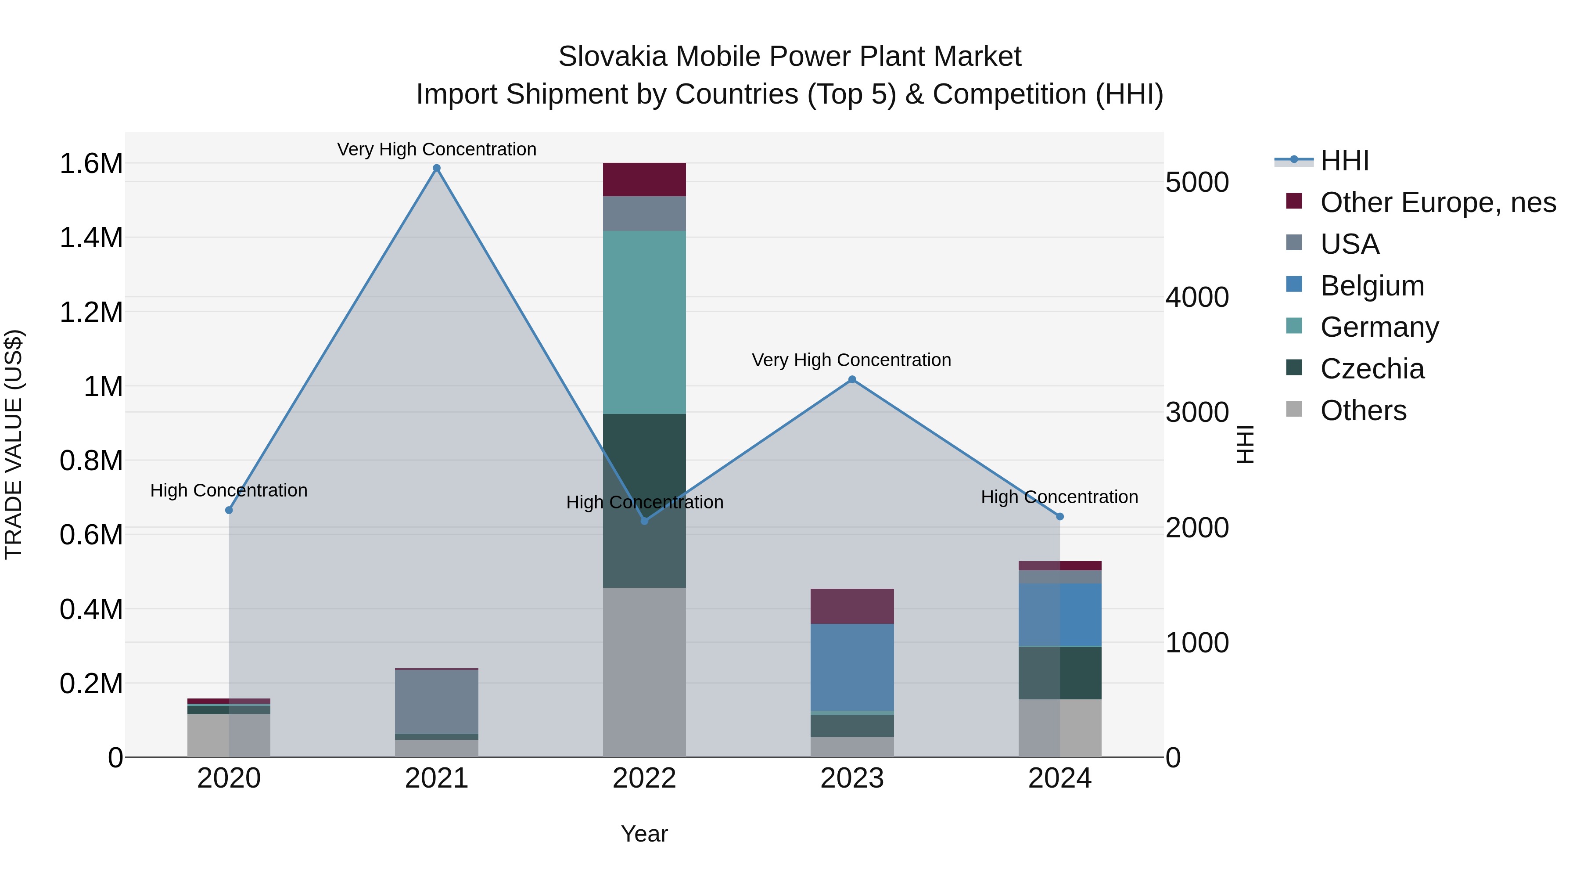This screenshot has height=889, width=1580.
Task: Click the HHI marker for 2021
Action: (437, 168)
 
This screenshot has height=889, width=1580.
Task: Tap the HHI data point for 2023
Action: (852, 380)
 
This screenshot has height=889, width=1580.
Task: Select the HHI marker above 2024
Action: (1060, 517)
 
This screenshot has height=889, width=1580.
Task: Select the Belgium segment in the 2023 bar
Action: (852, 667)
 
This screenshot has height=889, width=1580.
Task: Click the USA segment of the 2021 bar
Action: (437, 701)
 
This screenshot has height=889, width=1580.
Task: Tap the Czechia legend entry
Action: (1372, 369)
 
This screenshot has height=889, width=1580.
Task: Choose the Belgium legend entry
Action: (1372, 286)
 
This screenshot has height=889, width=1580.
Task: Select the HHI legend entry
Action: (1343, 161)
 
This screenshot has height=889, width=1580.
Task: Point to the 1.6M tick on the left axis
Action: (91, 164)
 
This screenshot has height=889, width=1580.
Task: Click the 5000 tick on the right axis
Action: (1197, 182)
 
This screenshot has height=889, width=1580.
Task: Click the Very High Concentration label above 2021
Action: (437, 149)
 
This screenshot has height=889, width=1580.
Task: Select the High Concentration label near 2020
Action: (229, 490)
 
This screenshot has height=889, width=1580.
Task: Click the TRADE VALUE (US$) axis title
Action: (14, 444)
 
